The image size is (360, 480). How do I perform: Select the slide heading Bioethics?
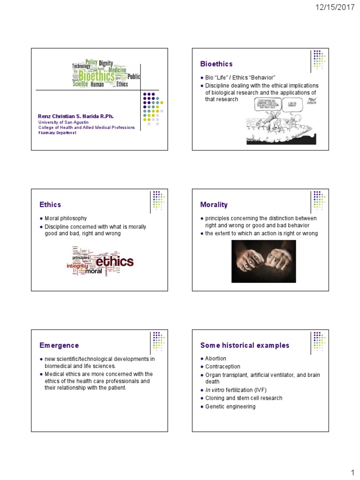click(x=217, y=64)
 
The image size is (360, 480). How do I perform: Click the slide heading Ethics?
click(x=50, y=204)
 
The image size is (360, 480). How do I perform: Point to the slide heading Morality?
click(x=214, y=204)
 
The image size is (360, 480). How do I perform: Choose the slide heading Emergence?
click(x=59, y=345)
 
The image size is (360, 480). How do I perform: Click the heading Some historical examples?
click(x=245, y=345)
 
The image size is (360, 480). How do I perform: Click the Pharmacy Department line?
click(x=57, y=133)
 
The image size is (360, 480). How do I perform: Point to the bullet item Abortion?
click(x=216, y=359)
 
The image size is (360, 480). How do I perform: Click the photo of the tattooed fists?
click(x=263, y=261)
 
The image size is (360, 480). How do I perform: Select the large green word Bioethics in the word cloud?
click(x=96, y=76)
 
